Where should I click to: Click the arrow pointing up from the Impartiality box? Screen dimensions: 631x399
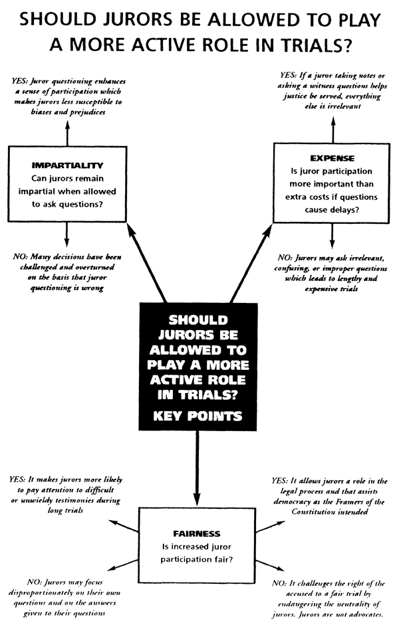66,133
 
